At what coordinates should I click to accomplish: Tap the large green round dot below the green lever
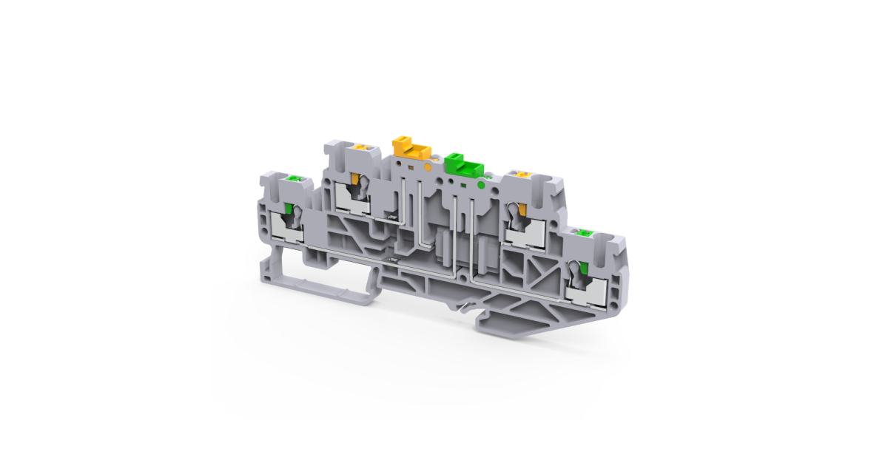coord(482,182)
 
